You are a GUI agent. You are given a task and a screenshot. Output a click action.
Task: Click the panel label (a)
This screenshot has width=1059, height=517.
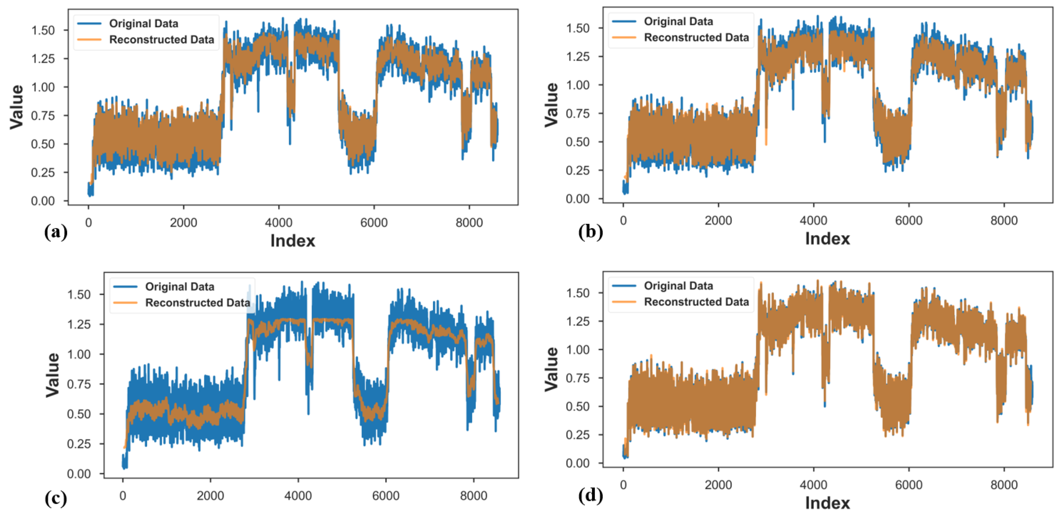click(56, 232)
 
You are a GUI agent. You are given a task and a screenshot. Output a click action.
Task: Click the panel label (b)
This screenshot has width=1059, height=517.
click(590, 232)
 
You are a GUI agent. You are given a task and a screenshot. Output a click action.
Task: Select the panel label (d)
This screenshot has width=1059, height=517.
click(590, 496)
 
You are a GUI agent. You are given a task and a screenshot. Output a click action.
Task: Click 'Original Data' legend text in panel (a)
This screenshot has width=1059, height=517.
click(143, 24)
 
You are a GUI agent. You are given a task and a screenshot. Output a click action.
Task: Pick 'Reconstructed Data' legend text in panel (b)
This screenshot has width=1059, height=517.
click(696, 37)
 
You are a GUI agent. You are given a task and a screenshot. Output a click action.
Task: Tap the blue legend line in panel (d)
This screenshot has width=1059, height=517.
click(624, 285)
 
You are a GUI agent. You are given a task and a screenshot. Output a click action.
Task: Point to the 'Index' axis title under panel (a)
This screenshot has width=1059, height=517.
click(292, 241)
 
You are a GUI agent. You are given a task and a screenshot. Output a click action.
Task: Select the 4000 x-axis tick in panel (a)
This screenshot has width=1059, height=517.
click(278, 223)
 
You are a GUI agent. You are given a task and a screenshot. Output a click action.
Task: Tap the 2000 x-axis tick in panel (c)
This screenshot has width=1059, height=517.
click(210, 496)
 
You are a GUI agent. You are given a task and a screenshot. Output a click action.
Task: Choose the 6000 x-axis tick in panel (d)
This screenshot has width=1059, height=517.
click(909, 485)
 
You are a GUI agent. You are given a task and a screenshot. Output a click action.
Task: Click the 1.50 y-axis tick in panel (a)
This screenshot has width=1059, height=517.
click(43, 30)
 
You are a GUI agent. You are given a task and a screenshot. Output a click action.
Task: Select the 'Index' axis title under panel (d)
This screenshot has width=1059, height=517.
click(827, 503)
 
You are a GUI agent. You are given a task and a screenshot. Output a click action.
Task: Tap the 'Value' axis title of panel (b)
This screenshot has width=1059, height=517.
click(552, 105)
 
